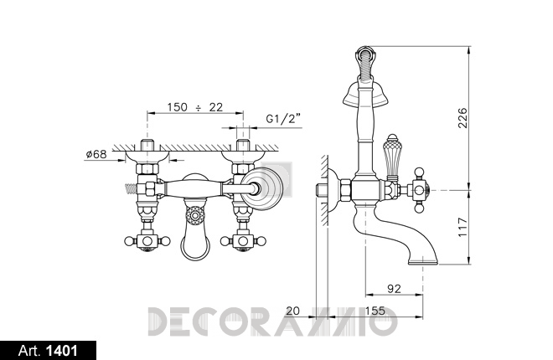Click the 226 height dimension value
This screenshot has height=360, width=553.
tap(463, 118)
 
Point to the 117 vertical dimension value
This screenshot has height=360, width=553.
tap(463, 227)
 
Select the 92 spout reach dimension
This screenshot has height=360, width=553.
tap(394, 289)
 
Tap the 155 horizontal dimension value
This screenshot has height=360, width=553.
tap(375, 311)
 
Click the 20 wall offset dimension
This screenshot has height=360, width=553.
tap(292, 311)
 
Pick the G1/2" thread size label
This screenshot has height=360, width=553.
tap(284, 119)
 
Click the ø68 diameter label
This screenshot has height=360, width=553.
tap(96, 154)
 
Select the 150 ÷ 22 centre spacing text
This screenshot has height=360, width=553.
tap(195, 106)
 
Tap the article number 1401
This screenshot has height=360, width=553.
tap(62, 351)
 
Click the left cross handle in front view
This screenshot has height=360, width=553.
tap(147, 241)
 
